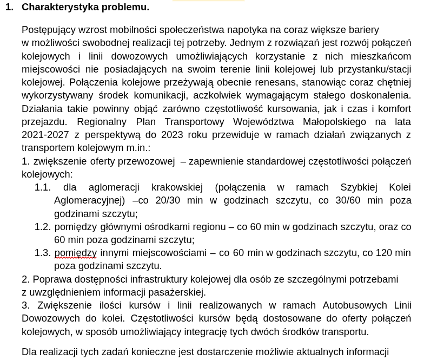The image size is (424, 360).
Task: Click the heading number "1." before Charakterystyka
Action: (x=9, y=7)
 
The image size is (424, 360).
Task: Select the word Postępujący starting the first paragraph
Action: (x=49, y=30)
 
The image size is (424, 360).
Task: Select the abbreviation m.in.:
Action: (x=138, y=148)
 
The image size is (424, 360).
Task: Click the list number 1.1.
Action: (x=42, y=187)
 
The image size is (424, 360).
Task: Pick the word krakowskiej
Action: (x=177, y=187)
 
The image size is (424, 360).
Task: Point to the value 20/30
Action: (x=168, y=200)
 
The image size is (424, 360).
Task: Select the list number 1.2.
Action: (x=42, y=227)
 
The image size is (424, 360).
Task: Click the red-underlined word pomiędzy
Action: (x=75, y=253)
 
